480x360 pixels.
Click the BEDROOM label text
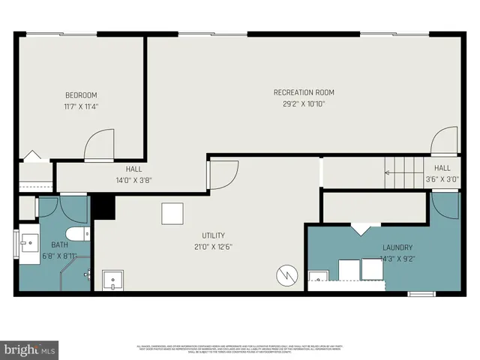[81, 95]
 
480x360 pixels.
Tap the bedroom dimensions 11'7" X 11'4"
[81, 106]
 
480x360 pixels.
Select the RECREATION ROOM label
[304, 92]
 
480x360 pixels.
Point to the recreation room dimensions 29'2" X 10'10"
[304, 103]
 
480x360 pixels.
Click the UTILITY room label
[213, 235]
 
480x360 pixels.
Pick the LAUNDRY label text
[397, 247]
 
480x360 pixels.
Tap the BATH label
[58, 245]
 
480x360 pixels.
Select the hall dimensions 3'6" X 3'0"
[442, 180]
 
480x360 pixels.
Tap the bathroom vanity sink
[29, 243]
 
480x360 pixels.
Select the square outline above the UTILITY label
[172, 214]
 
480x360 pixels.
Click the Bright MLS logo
[29, 349]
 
